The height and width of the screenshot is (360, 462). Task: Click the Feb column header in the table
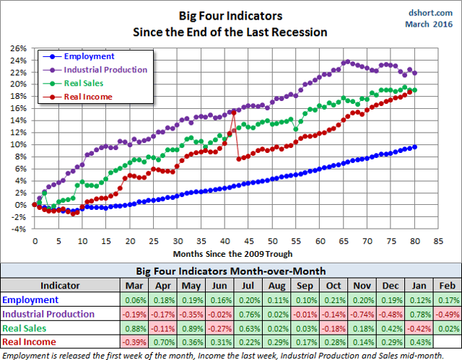[x=448, y=286]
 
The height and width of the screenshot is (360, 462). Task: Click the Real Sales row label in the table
[x=29, y=328]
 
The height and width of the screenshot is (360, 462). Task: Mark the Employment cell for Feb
[x=448, y=300]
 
